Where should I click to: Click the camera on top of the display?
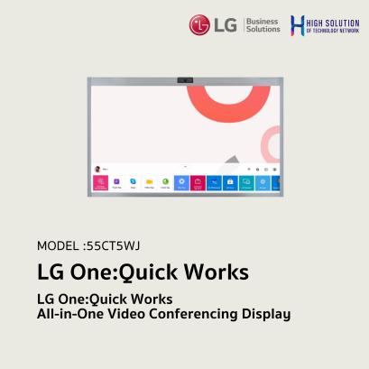185,80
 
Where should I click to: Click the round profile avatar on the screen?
97,168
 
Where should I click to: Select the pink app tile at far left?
99,183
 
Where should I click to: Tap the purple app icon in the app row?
116,182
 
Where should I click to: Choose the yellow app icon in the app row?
149,182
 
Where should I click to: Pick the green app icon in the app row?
165,182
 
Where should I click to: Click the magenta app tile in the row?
198,183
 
